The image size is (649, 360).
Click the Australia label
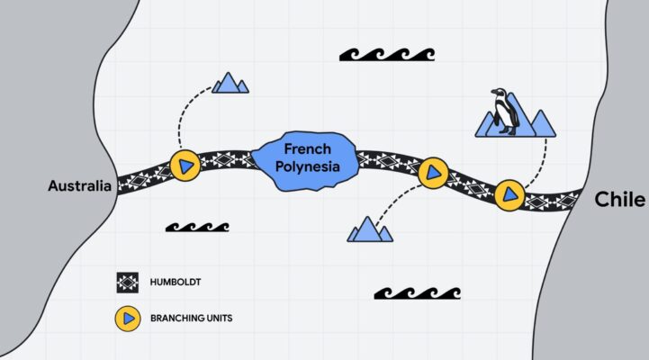[80, 185]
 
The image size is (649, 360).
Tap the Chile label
[619, 200]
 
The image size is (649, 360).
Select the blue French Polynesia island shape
[305, 161]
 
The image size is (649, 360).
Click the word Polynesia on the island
[308, 166]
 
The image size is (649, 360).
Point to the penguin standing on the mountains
[505, 111]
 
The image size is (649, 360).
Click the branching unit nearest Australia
[185, 166]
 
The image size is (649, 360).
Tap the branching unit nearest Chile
[509, 195]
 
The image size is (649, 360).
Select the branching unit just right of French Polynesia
[433, 173]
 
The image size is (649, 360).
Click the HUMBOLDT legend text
[176, 283]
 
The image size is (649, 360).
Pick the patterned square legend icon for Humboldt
[128, 283]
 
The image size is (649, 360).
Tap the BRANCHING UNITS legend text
[191, 319]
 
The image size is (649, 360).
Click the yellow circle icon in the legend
[128, 319]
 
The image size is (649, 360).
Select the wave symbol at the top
[387, 55]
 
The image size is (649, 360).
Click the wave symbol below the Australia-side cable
[197, 227]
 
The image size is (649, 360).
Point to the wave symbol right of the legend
[418, 293]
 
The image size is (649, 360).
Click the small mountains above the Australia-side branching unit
[230, 83]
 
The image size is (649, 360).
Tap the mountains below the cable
[370, 229]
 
